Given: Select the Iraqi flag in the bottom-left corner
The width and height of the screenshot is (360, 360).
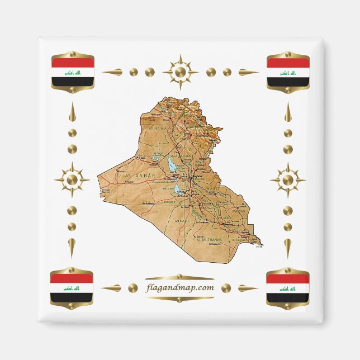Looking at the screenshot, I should click(72, 288).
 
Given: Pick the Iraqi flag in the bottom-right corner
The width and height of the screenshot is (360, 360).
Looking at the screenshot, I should click(288, 288).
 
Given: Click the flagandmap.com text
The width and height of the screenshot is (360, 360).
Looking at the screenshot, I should click(179, 288).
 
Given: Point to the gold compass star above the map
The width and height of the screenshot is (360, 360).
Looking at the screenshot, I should click(180, 72).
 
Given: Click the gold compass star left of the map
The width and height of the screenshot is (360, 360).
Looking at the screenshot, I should click(72, 180).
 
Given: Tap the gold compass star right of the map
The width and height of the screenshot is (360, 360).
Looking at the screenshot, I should click(288, 180).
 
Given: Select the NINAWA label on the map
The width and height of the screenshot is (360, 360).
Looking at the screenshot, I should click(158, 128).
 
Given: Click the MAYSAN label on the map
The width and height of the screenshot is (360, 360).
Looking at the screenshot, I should click(239, 211).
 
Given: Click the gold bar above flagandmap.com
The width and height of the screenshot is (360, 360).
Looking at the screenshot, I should click(179, 277).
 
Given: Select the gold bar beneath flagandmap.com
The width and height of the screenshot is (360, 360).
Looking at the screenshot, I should click(179, 299).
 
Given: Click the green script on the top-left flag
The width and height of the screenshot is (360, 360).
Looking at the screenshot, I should click(72, 73).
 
